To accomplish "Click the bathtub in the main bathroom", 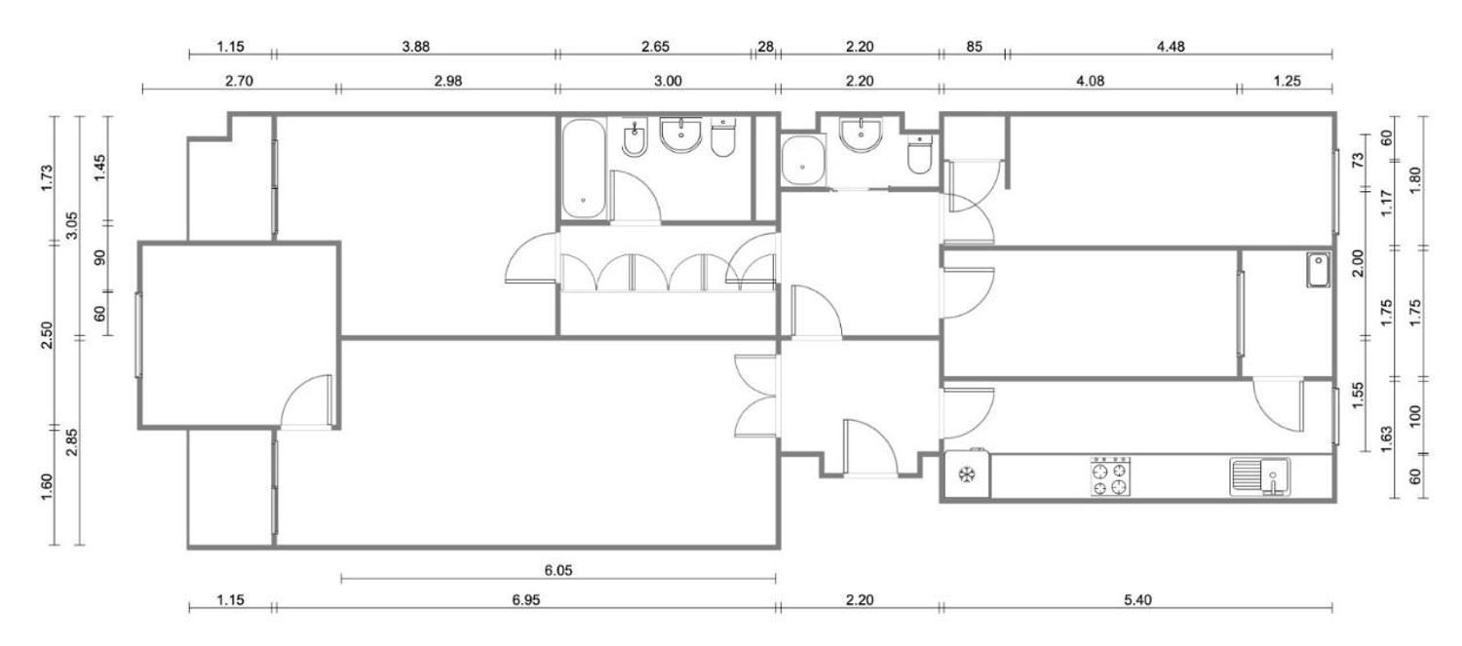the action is (x=584, y=169).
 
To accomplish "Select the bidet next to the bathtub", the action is (x=634, y=138).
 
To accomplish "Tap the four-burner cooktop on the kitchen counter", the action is (x=1110, y=477).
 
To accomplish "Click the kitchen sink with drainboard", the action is (x=1259, y=477).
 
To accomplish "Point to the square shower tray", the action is (x=803, y=161).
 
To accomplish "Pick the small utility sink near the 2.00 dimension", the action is (x=1319, y=270).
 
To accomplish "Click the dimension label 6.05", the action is (x=558, y=570).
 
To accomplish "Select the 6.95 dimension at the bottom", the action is (x=525, y=599).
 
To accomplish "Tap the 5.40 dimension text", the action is (x=1137, y=599).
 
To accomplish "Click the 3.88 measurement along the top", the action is (x=416, y=47).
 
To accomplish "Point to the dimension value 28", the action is (x=765, y=47).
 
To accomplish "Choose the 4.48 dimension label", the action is (x=1171, y=47).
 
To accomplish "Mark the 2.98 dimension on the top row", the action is (x=447, y=81).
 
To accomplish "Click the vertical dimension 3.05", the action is (x=72, y=225).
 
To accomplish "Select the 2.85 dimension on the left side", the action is (x=72, y=441).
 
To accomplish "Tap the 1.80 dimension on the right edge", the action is (x=1414, y=180).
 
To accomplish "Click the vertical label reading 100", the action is (x=1414, y=416).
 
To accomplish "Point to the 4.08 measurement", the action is (x=1090, y=81).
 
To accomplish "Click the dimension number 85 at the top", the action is (x=974, y=47).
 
